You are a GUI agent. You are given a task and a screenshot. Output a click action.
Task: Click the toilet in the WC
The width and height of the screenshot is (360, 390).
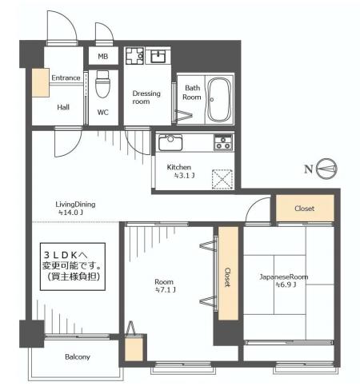pos(102,84)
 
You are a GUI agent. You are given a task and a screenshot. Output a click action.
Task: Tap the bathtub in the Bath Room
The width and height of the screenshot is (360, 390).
pos(219,100)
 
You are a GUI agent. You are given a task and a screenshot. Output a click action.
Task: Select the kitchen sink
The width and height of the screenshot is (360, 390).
pos(170,142)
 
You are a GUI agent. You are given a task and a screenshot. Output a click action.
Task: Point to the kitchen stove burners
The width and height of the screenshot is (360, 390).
pos(223,142)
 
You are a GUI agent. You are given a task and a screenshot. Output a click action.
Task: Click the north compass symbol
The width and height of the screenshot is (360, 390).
pos(326,169)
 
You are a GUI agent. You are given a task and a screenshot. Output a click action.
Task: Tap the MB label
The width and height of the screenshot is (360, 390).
pos(103,56)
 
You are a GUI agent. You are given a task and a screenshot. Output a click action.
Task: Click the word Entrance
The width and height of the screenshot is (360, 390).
pos(66,78)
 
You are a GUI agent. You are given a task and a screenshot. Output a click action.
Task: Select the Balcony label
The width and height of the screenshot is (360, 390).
pos(78,356)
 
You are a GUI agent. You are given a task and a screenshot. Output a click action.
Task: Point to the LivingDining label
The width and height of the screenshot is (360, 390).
pos(75,205)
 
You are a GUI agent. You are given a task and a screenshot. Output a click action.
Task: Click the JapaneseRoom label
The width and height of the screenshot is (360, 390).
pos(284,277)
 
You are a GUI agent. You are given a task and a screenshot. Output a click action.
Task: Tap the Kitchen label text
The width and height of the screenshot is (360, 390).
pos(179,167)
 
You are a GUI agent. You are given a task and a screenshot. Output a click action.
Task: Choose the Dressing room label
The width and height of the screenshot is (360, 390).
pos(146,97)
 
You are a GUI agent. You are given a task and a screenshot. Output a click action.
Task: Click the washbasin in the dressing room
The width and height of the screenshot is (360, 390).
pos(158,56)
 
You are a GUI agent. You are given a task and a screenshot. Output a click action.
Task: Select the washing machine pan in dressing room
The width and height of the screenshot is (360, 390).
pos(135,56)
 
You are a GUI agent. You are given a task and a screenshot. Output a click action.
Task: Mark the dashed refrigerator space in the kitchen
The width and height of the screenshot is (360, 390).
pos(222,179)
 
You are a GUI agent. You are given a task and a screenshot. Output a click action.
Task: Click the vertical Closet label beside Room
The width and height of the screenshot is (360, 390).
pos(227,277)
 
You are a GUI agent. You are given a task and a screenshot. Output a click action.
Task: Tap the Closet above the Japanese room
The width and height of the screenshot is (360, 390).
pos(305,208)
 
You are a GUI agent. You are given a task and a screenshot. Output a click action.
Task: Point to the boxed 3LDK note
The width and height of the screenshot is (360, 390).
pos(73,266)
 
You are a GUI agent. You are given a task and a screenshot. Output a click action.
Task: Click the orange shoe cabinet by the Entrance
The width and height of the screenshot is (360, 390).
pos(41,82)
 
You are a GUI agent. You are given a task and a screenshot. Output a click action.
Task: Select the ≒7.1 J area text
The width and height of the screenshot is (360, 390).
pos(166,290)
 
